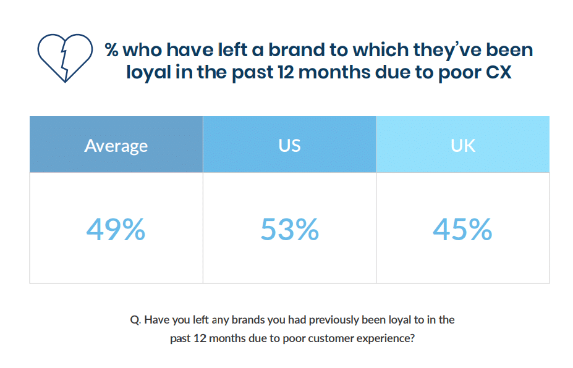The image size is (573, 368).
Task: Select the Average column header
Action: (x=116, y=146)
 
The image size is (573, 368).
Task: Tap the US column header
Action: (x=289, y=145)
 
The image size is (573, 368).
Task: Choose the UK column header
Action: (x=462, y=145)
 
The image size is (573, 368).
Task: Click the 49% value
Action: (x=116, y=229)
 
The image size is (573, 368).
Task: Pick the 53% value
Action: (x=289, y=229)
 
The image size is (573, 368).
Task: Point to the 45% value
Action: (x=462, y=229)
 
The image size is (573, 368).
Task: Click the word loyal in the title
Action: (x=148, y=72)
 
